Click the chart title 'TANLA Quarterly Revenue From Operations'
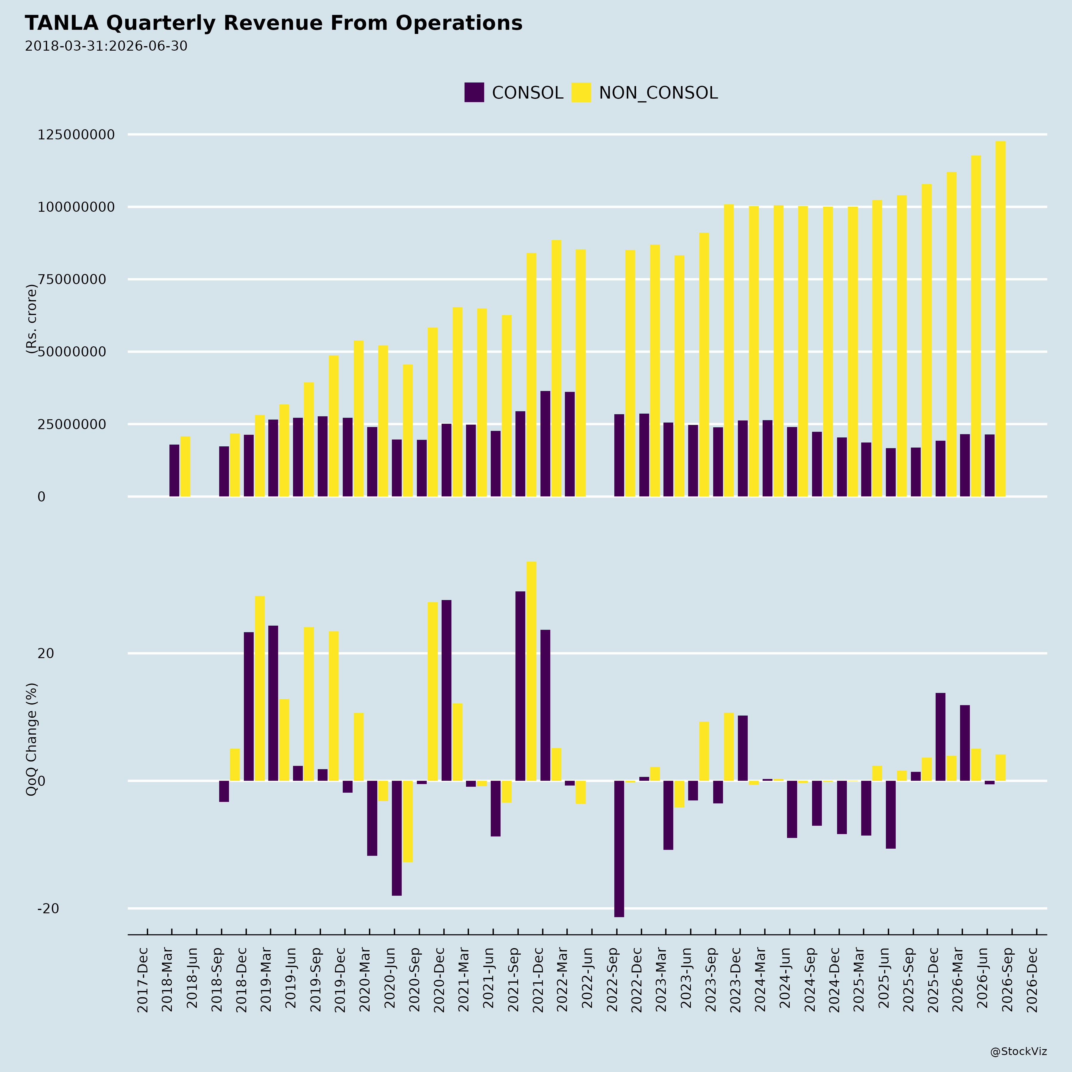(274, 23)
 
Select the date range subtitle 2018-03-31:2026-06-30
(106, 46)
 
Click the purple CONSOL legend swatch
(474, 92)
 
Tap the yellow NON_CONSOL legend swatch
(581, 92)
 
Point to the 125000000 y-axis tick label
(76, 135)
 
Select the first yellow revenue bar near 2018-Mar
(185, 466)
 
